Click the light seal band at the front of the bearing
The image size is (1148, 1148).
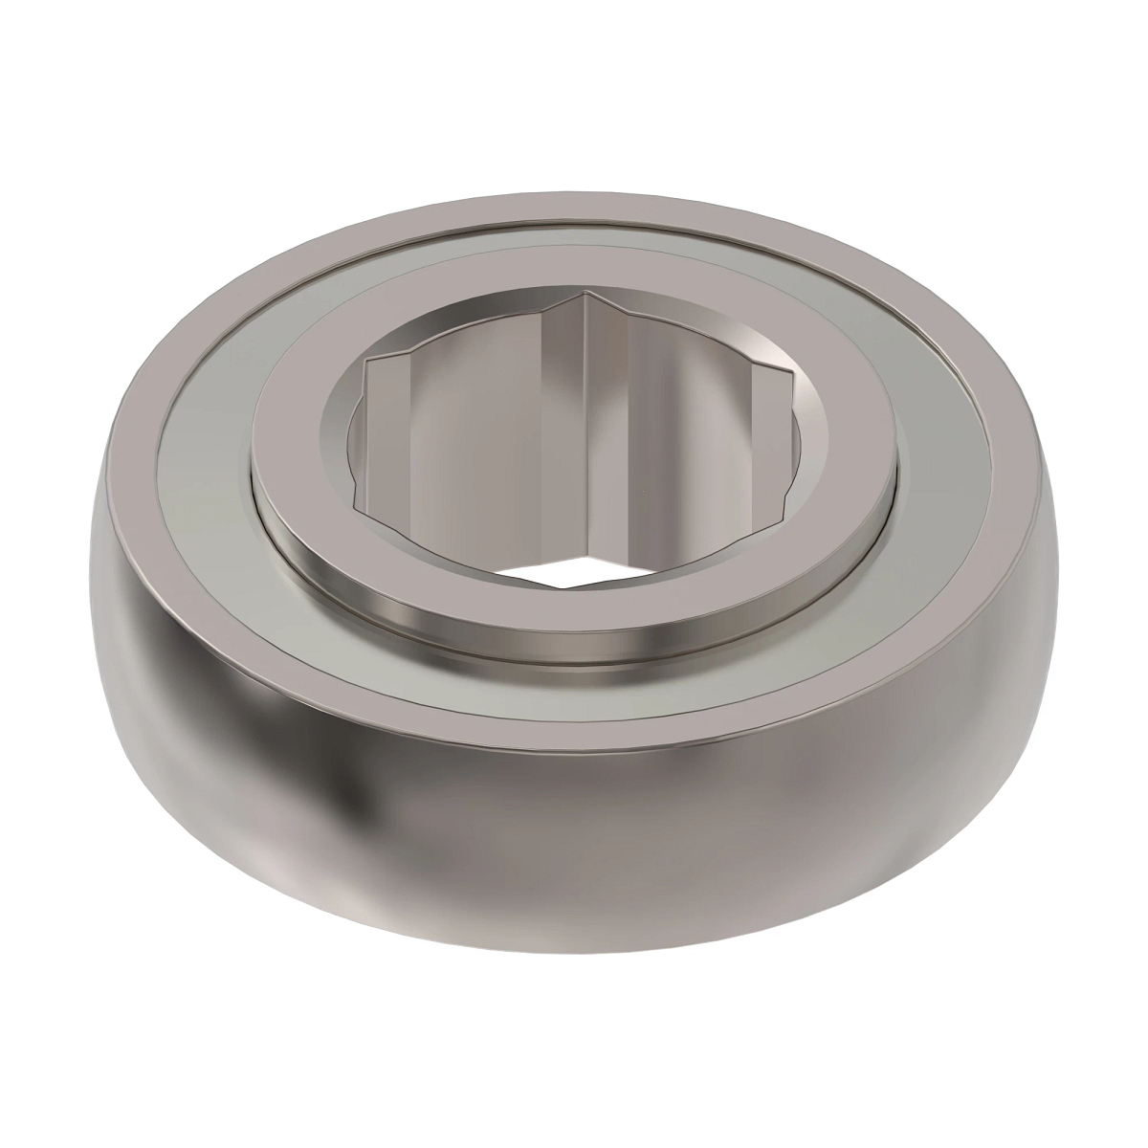coord(574,689)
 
